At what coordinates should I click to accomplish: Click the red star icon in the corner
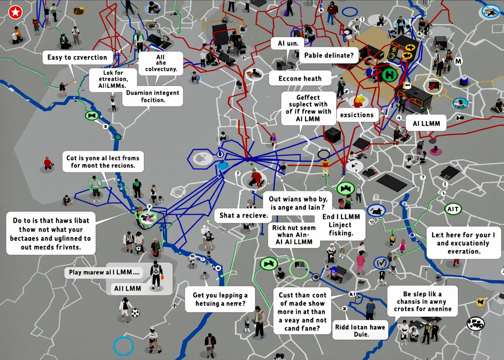15,13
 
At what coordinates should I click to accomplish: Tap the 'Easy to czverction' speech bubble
77,57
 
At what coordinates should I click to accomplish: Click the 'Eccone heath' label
300,78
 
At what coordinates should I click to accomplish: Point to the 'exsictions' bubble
357,115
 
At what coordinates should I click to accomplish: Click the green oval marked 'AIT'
453,209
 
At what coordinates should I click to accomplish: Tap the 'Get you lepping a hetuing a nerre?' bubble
220,299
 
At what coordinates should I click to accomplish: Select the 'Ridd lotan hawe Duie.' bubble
360,331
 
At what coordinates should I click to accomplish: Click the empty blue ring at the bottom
123,346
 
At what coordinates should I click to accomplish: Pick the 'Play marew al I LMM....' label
106,272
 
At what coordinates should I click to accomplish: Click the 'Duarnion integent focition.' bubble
152,96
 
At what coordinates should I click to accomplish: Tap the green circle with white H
390,74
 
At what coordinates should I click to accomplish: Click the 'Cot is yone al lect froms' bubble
103,162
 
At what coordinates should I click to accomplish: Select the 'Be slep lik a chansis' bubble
422,301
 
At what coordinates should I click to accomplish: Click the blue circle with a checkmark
381,262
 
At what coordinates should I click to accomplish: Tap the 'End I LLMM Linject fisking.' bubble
341,225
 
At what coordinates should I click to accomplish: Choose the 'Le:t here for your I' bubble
463,243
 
